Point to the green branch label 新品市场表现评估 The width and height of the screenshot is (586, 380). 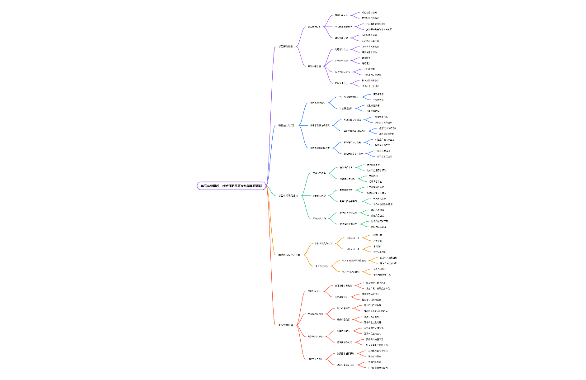tap(288, 195)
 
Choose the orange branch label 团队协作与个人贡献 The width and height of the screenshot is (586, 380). tap(289, 255)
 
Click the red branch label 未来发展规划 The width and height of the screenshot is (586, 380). tap(286, 325)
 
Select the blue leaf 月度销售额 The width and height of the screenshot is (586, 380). tap(375, 94)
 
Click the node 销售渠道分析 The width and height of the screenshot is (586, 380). tap(349, 108)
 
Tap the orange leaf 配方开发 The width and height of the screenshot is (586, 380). tap(378, 235)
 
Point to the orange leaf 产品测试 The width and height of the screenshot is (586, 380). tap(378, 241)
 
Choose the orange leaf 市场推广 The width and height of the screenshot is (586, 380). tap(378, 246)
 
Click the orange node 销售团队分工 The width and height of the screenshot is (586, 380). tap(353, 249)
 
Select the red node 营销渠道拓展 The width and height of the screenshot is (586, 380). tap(345, 342)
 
